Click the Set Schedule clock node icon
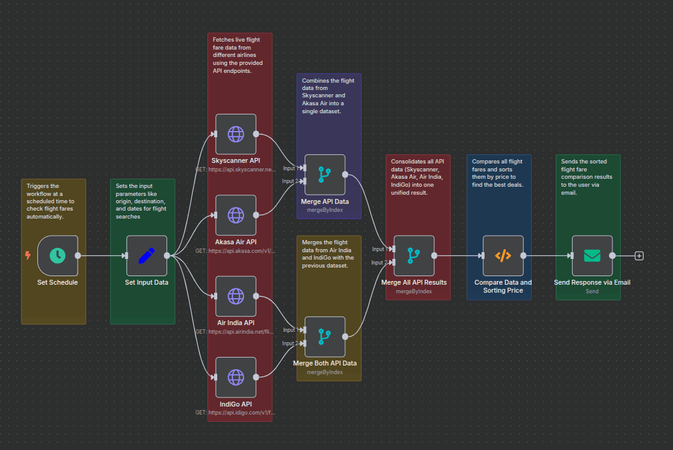pyautogui.click(x=58, y=256)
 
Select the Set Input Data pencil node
pyautogui.click(x=147, y=256)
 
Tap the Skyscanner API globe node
pyautogui.click(x=236, y=134)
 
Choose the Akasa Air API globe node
pyautogui.click(x=236, y=215)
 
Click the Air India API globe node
pyautogui.click(x=236, y=296)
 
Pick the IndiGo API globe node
pyautogui.click(x=236, y=377)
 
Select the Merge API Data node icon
pyautogui.click(x=325, y=174)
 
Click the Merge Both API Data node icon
pyautogui.click(x=325, y=337)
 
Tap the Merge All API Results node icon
pyautogui.click(x=414, y=256)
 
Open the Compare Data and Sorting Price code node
pyautogui.click(x=503, y=256)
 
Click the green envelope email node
pyautogui.click(x=592, y=256)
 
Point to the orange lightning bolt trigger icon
pyautogui.click(x=28, y=255)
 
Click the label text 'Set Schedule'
pyautogui.click(x=58, y=283)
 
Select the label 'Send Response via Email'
pyautogui.click(x=592, y=283)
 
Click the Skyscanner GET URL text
pyautogui.click(x=236, y=169)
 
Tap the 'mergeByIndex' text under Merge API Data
pyautogui.click(x=325, y=210)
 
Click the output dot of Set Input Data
pyautogui.click(x=167, y=256)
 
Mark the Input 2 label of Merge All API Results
pyautogui.click(x=379, y=263)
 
